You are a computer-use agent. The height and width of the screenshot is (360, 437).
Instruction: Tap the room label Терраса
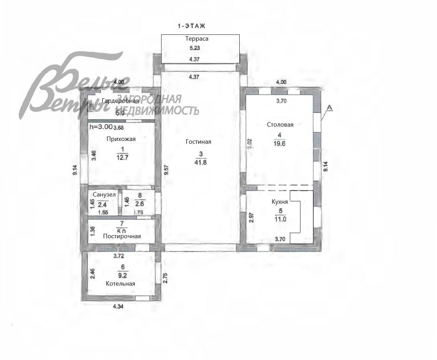click(x=197, y=39)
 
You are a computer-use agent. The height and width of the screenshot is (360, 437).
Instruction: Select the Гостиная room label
click(x=198, y=142)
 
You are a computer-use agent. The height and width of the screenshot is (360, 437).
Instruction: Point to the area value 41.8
click(x=200, y=162)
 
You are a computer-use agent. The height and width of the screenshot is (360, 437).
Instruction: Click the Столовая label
click(x=280, y=125)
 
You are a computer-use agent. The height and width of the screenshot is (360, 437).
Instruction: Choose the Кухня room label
click(x=280, y=202)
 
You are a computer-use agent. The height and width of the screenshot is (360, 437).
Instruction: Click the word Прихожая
click(x=121, y=139)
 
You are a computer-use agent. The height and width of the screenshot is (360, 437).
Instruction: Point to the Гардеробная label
click(x=120, y=101)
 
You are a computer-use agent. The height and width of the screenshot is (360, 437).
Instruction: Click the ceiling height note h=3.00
click(x=101, y=127)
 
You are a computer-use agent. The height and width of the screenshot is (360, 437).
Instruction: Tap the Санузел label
click(x=104, y=195)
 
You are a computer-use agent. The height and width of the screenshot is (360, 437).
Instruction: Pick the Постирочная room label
click(x=122, y=236)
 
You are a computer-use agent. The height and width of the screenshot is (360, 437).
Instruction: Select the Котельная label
click(x=120, y=284)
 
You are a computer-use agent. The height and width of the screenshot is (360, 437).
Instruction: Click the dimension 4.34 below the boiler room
click(x=118, y=306)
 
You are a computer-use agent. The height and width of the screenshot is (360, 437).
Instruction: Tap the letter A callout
click(x=329, y=107)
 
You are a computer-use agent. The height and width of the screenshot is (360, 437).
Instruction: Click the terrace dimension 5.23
click(x=195, y=48)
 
